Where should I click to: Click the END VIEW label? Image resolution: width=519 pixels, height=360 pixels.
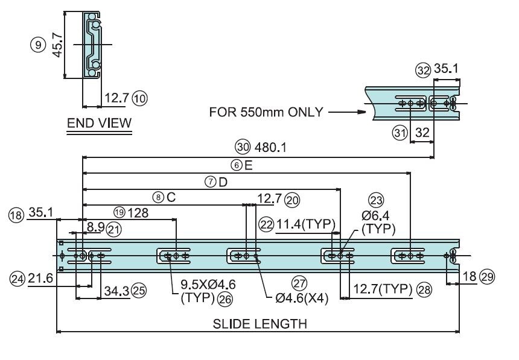99,123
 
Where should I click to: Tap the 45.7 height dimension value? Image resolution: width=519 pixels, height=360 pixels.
57,45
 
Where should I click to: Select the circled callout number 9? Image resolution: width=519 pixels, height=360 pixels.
38,45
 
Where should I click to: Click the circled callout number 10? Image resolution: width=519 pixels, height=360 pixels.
139,99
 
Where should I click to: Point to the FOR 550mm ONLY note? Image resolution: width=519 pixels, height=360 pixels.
266,112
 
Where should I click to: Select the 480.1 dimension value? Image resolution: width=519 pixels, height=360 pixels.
270,148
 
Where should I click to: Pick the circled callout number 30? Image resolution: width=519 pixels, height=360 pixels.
243,147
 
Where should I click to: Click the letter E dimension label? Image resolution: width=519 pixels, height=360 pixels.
248,165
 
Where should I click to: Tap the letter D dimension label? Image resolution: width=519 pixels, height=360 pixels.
223,182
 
